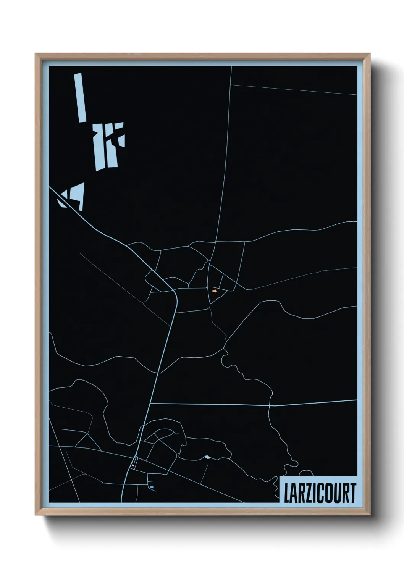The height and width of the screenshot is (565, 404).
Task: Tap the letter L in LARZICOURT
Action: point(287,493)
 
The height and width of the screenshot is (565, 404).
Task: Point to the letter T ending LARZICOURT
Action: point(353,493)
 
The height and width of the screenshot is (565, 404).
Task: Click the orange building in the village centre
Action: point(215,291)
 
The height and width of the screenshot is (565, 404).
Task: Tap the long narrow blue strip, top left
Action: point(80,97)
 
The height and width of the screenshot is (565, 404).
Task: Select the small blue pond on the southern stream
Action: point(207,457)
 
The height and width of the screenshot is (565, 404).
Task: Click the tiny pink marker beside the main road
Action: point(133,465)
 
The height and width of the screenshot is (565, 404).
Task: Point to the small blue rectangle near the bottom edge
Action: point(152,487)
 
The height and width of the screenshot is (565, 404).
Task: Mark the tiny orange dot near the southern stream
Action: point(178,454)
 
